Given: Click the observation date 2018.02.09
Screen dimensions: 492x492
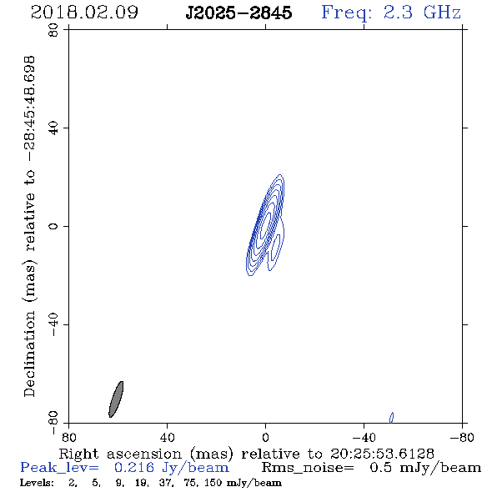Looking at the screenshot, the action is [x=84, y=13].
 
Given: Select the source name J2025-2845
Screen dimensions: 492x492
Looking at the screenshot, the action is [x=238, y=13].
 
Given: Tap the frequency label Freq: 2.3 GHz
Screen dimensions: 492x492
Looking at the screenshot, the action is [x=391, y=13].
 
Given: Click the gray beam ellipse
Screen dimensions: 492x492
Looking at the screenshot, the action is [x=116, y=399].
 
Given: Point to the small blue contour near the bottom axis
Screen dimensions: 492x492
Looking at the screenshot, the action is [x=391, y=418].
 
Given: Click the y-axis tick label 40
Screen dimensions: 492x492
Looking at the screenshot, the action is [x=53, y=128].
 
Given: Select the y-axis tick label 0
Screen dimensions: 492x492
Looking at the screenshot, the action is [x=53, y=226].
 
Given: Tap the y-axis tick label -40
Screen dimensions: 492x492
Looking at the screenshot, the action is [x=53, y=324].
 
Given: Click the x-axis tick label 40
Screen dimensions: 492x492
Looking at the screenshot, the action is [x=167, y=437].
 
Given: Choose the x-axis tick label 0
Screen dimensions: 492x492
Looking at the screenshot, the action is [x=265, y=437].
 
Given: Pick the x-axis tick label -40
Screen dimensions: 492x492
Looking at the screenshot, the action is [x=364, y=437].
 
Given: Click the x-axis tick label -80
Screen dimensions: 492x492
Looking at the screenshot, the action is [x=462, y=437].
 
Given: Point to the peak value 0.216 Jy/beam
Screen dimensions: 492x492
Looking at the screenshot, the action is [x=171, y=468].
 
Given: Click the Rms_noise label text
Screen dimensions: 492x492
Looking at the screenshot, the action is [x=308, y=468].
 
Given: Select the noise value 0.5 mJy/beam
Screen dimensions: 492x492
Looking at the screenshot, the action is [x=425, y=468].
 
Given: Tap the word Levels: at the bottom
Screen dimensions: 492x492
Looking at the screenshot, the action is [x=37, y=483].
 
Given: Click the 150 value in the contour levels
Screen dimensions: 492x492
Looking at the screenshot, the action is [x=214, y=483].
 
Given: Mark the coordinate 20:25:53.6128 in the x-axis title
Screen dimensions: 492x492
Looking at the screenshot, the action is [x=382, y=454].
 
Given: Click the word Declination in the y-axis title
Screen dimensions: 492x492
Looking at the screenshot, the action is [x=29, y=354].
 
